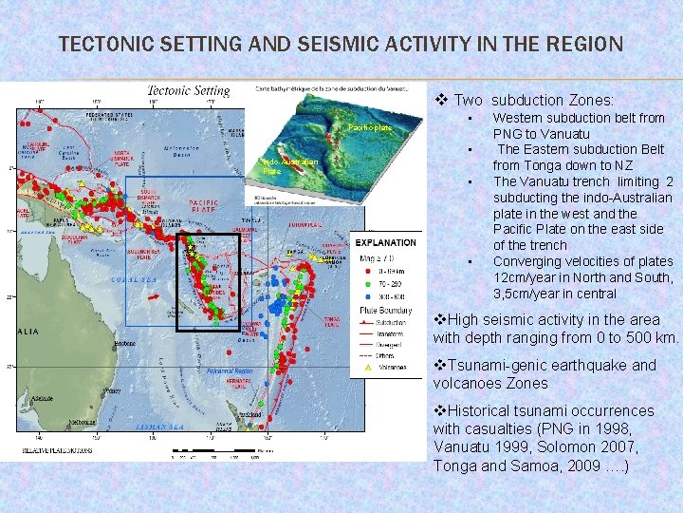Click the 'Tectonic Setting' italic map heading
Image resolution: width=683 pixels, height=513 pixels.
coord(188,91)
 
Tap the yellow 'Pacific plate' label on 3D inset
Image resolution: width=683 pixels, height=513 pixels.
coord(370,127)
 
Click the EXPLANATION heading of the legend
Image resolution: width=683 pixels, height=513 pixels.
coord(386,243)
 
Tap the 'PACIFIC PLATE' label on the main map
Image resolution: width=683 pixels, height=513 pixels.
coord(204,207)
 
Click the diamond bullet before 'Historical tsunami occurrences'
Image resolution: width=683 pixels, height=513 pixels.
coord(439,410)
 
